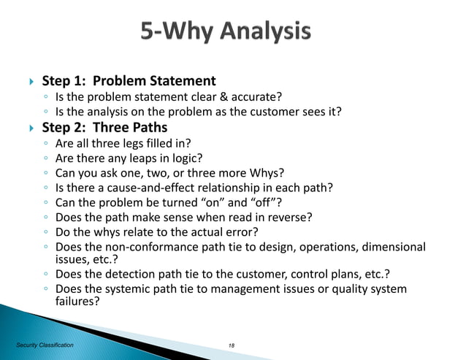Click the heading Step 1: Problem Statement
(x=129, y=81)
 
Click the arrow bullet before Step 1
(x=30, y=82)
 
